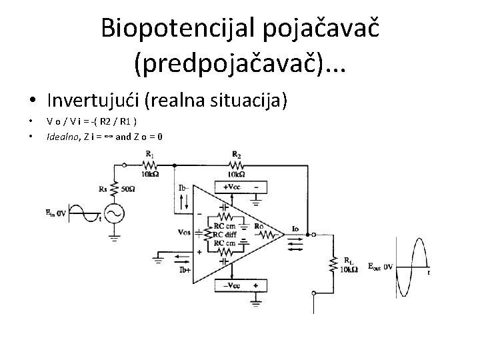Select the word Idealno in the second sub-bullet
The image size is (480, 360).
(x=61, y=137)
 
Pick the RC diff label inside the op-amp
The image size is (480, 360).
(x=225, y=235)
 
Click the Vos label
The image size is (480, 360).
(x=185, y=233)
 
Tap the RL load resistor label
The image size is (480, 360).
(x=349, y=261)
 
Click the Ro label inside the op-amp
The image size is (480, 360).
(x=259, y=227)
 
